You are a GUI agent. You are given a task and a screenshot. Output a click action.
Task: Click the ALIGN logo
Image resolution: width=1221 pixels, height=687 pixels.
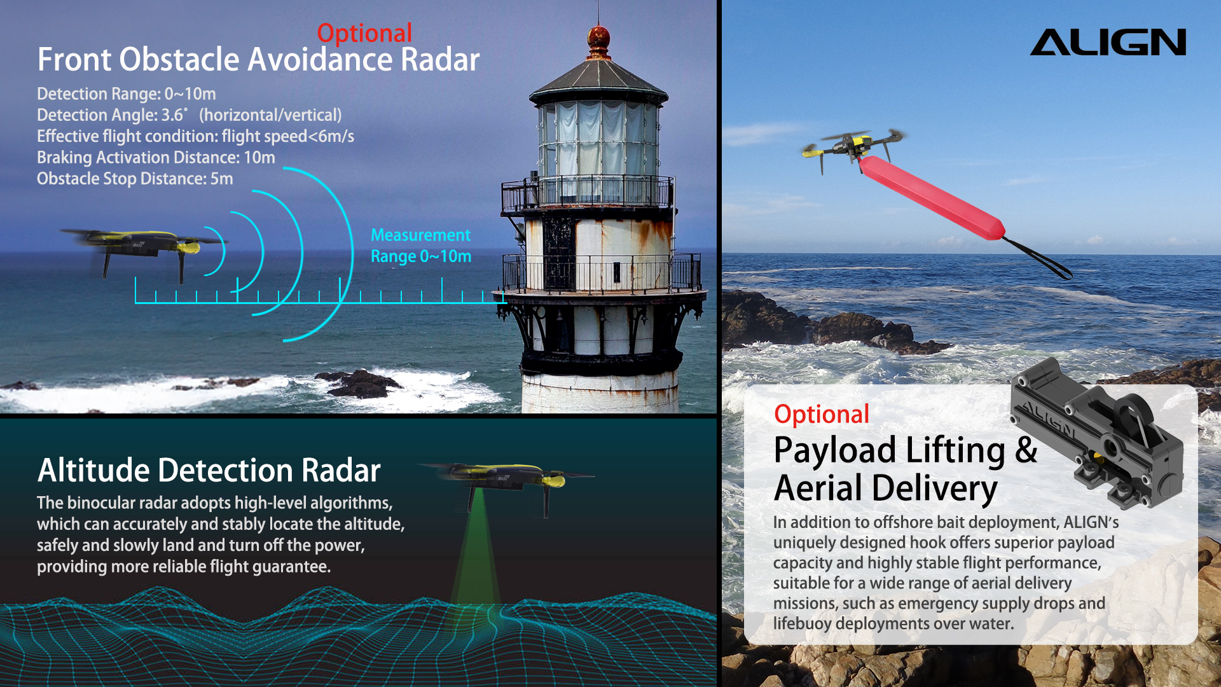[1108, 42]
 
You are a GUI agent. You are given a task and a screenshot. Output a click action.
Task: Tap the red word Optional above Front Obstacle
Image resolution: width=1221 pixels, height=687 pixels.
[364, 33]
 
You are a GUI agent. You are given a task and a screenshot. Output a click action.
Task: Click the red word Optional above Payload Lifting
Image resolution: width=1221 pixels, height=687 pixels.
[821, 415]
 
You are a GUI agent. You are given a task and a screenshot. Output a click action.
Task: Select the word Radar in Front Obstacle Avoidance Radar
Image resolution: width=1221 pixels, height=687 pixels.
[439, 60]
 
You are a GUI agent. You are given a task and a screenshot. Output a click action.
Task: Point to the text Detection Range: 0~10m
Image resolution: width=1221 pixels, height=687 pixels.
[127, 94]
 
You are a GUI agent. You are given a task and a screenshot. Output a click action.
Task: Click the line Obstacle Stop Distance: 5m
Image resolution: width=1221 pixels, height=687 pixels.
[135, 179]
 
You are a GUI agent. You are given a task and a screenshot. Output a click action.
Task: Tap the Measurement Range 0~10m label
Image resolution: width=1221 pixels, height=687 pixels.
[421, 246]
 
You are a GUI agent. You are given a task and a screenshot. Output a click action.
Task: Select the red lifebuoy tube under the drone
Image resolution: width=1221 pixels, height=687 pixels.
[932, 198]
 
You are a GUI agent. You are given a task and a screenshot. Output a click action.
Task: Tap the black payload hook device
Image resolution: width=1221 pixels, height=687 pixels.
[1097, 433]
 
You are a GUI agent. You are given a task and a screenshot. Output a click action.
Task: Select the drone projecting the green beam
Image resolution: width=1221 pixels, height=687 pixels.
[506, 483]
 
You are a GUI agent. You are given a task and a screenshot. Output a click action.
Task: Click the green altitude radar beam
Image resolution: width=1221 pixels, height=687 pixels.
[475, 553]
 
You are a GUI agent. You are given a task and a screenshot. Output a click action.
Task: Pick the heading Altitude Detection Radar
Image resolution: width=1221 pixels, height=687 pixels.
[209, 471]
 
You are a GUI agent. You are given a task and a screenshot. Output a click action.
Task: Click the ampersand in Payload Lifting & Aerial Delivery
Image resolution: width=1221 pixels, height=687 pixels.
[1026, 450]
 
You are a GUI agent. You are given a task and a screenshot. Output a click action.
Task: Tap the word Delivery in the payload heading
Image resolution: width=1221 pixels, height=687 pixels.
[934, 489]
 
